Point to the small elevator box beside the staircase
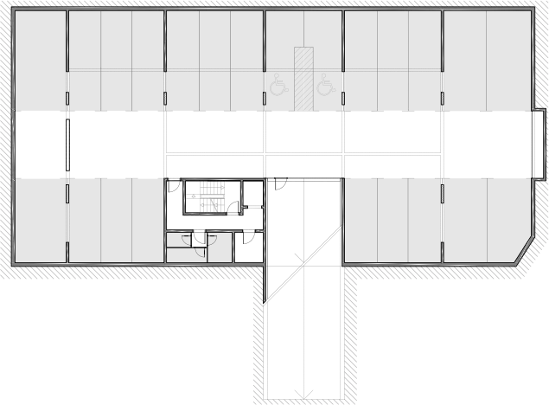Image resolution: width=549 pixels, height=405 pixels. pyautogui.click(x=253, y=207)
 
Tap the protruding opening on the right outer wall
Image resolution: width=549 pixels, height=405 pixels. pyautogui.click(x=539, y=145)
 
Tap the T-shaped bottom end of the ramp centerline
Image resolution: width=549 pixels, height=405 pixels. pyautogui.click(x=302, y=392)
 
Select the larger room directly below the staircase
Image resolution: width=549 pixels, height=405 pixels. pyautogui.click(x=199, y=247)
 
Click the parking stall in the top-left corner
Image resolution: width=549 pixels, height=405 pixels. pyautogui.click(x=41, y=61)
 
